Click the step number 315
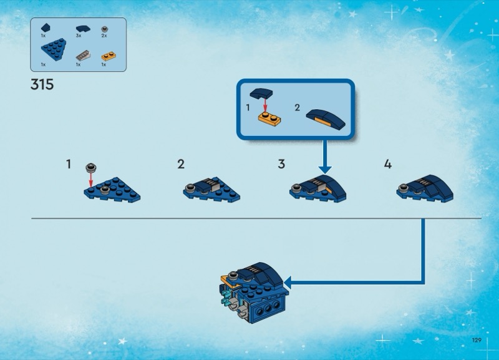(42, 85)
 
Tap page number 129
(477, 340)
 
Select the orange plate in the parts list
(109, 56)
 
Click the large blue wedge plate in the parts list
(54, 49)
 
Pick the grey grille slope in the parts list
(83, 56)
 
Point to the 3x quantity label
(79, 36)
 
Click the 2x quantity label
(104, 36)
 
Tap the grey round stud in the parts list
(105, 29)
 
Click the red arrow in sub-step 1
(90, 180)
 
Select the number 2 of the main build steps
(181, 164)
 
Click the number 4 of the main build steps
(387, 164)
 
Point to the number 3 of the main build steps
(281, 164)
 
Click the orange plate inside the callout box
(269, 119)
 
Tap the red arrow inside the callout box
(264, 105)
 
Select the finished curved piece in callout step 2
(326, 119)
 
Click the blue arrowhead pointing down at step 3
(324, 169)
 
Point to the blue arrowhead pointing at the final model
(288, 282)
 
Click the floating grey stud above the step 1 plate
(91, 167)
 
